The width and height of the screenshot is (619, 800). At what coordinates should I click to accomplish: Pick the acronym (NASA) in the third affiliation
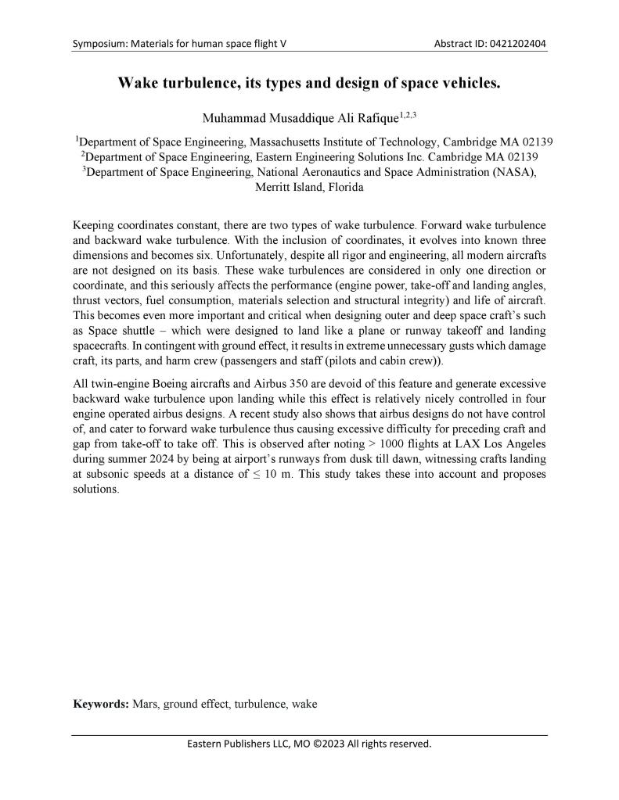click(516, 172)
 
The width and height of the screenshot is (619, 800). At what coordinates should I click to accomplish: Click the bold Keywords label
click(101, 704)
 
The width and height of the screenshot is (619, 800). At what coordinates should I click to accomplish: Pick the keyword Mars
click(146, 704)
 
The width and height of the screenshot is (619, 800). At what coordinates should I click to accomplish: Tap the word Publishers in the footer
click(250, 744)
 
